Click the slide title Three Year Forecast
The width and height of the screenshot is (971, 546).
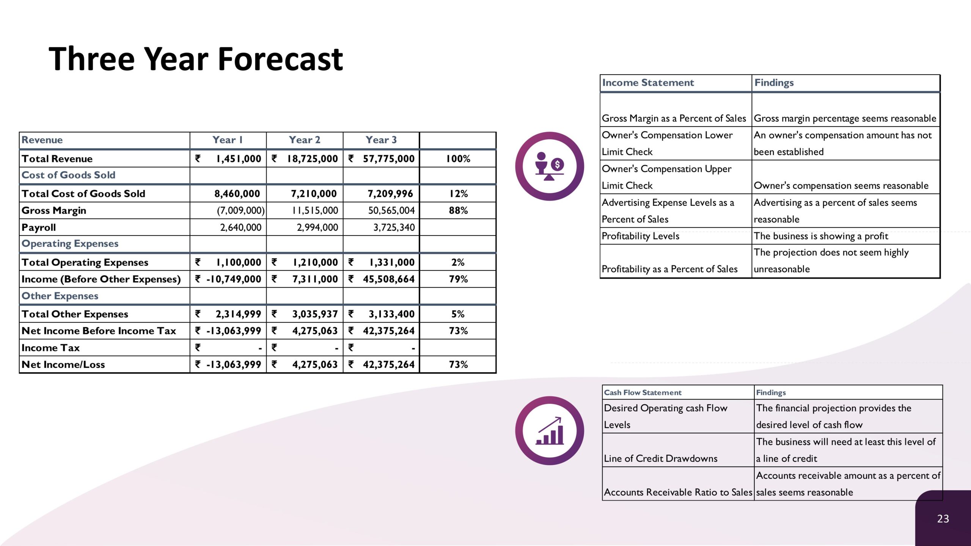click(x=196, y=59)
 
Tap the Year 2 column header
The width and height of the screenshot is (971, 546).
click(x=305, y=140)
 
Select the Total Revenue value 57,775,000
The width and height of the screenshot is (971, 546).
click(x=389, y=158)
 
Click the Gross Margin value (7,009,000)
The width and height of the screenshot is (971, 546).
click(x=240, y=210)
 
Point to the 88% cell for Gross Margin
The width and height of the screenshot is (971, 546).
click(x=458, y=210)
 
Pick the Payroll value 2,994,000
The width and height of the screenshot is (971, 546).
click(x=317, y=227)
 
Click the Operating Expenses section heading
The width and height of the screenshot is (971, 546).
click(x=70, y=243)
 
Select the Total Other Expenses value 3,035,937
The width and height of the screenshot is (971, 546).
click(x=315, y=314)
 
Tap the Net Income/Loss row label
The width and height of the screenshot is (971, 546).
click(x=63, y=364)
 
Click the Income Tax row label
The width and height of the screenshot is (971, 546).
click(x=50, y=348)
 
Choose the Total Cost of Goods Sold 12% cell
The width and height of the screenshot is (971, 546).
click(x=458, y=194)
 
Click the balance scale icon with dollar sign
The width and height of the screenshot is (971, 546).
click(x=550, y=166)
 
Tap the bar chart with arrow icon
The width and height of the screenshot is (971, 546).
click(x=550, y=431)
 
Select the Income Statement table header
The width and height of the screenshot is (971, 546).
click(x=648, y=83)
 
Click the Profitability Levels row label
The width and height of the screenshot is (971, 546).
click(x=640, y=236)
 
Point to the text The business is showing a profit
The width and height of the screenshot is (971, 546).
click(x=821, y=236)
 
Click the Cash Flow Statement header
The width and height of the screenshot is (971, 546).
click(x=643, y=392)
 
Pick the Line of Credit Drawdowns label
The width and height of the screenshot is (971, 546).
click(x=660, y=458)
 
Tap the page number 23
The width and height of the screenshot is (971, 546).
click(x=943, y=519)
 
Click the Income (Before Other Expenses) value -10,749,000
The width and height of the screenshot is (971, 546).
click(x=234, y=279)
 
